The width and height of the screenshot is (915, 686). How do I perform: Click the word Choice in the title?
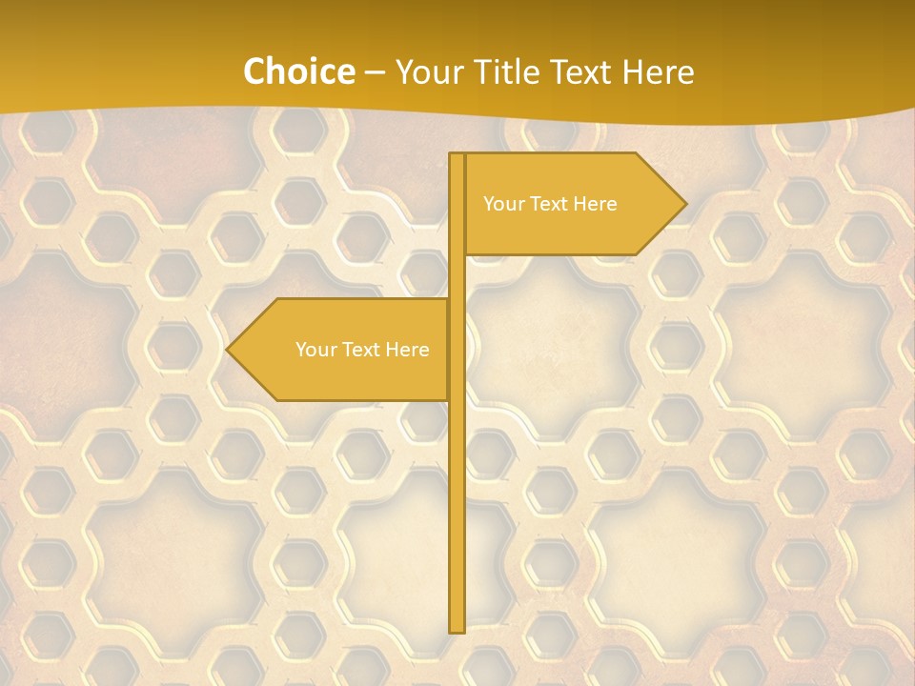tap(298, 71)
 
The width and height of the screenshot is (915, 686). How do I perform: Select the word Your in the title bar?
tap(433, 71)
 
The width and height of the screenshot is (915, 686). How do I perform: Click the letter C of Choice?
tap(255, 71)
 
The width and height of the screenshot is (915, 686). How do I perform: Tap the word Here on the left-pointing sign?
tap(408, 350)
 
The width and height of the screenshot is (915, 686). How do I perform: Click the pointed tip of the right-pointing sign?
tap(684, 204)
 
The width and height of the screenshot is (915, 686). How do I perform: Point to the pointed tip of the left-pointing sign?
tap(228, 350)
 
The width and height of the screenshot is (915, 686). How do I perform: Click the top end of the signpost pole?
tap(457, 156)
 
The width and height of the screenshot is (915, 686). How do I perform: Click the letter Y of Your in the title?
tap(405, 71)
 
